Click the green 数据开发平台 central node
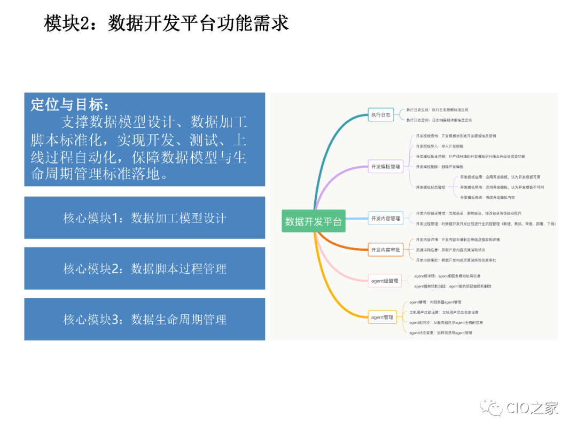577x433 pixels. (314, 221)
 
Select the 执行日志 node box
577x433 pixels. (381, 114)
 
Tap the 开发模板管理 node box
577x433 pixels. (386, 167)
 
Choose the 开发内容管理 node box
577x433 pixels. (386, 218)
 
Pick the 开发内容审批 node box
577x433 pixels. (386, 250)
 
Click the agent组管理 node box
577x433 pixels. (385, 281)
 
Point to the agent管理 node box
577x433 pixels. (383, 318)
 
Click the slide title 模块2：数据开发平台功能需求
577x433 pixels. (166, 24)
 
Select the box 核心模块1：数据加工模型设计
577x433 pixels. (145, 218)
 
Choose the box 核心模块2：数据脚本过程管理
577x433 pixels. (145, 268)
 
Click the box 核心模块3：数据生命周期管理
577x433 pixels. (145, 319)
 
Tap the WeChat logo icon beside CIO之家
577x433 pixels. (492, 408)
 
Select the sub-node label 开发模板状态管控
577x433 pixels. (431, 187)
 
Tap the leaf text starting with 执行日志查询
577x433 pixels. (439, 120)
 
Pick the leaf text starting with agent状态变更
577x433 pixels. (441, 333)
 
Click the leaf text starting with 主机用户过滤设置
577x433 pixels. (444, 312)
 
